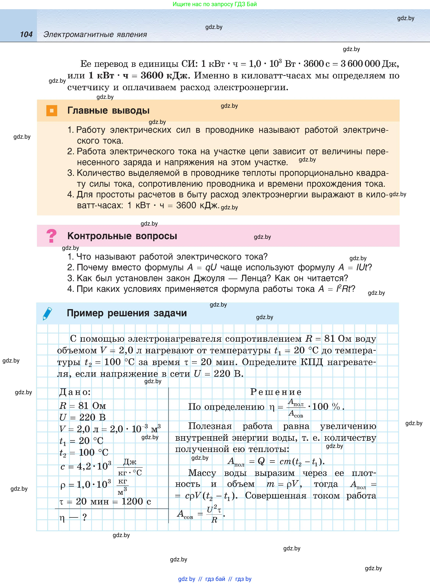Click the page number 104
[x=26, y=34]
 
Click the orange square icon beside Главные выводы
[x=51, y=110]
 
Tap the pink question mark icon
[x=51, y=236]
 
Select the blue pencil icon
[x=47, y=313]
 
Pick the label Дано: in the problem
[x=75, y=392]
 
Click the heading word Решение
[x=276, y=392]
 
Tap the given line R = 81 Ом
[x=83, y=406]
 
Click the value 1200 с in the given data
[x=136, y=501]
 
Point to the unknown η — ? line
[x=73, y=517]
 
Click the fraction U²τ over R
[x=214, y=514]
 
